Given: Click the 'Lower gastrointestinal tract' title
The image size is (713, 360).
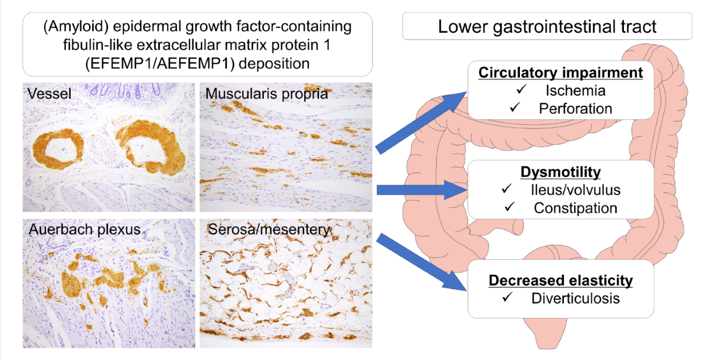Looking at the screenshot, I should click(547, 27).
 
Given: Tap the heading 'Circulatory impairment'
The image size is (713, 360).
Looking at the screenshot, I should click(561, 73).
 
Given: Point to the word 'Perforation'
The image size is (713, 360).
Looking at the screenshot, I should click(575, 108).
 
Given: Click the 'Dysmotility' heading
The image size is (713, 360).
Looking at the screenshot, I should click(560, 172).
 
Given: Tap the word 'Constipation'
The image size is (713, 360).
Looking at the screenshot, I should click(575, 208).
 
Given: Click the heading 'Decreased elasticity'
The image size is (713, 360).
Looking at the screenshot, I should click(560, 280).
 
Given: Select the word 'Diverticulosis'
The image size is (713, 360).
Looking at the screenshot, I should click(575, 298).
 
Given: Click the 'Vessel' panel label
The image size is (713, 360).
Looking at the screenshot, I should click(46, 94).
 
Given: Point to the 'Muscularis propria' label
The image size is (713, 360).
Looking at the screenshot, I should click(267, 94).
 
